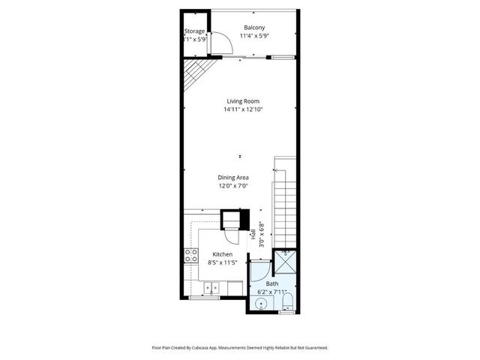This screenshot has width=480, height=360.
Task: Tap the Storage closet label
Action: [195, 31]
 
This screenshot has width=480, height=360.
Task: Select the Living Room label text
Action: [243, 101]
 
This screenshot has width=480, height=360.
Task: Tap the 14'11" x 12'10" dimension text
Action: [243, 109]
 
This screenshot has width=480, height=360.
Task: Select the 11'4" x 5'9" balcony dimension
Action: [254, 36]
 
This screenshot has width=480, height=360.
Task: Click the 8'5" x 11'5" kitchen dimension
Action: [222, 262]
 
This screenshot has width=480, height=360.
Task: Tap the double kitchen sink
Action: [212, 286]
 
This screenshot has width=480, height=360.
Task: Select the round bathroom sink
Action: [260, 304]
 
